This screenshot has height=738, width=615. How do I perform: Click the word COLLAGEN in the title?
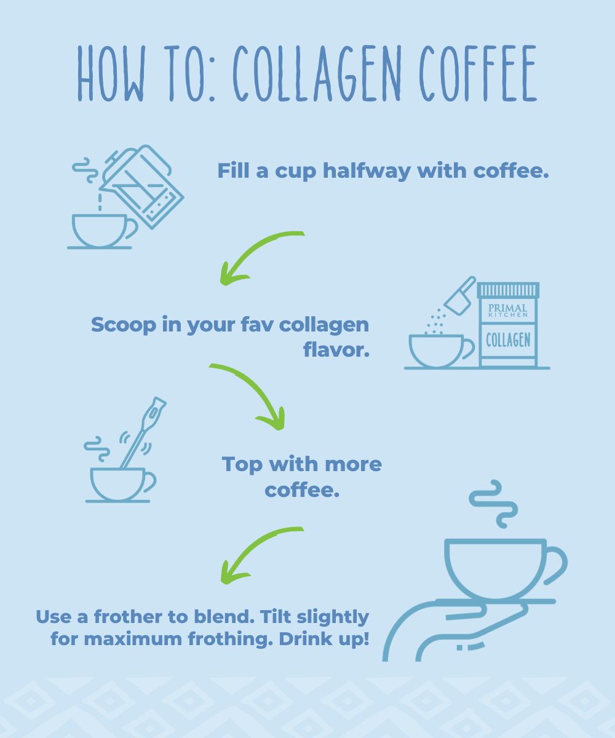point(317,73)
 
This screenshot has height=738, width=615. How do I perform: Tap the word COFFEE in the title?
point(478,73)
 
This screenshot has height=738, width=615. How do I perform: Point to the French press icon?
point(142,186)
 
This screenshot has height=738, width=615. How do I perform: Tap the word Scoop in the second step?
point(124,325)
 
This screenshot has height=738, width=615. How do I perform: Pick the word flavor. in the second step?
point(336,350)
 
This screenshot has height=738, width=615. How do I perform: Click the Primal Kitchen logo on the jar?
point(508,310)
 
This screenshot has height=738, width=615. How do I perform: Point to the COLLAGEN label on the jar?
point(508,340)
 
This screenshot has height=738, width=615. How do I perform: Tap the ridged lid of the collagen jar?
point(508,290)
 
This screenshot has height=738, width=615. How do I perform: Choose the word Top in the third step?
point(242,464)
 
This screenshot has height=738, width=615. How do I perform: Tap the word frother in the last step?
point(127,617)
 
